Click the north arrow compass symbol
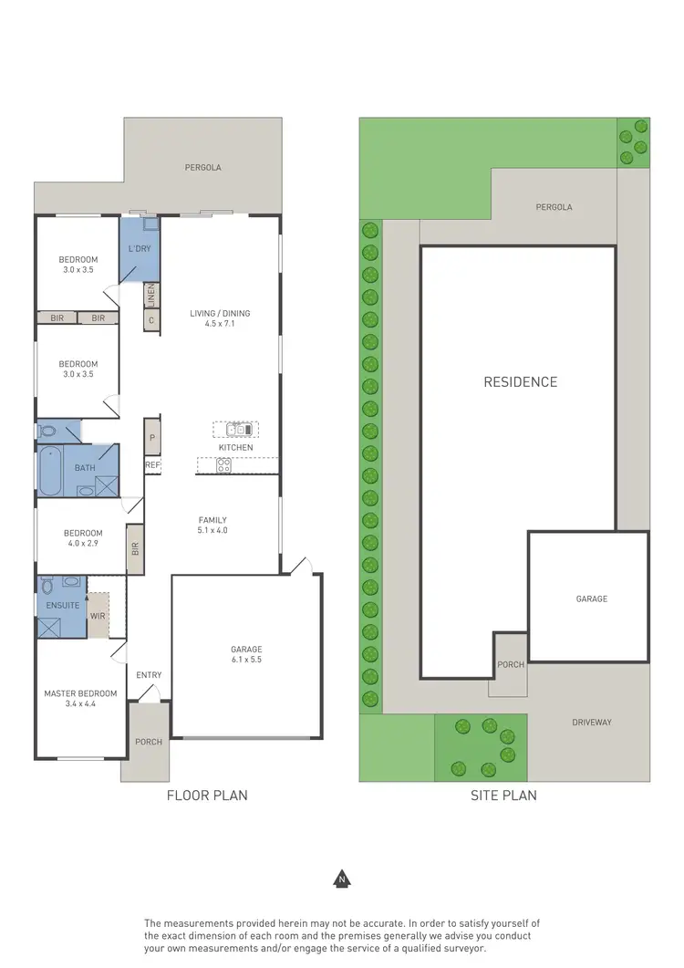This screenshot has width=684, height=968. [x=341, y=880]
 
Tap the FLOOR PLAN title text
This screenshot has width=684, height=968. [x=207, y=796]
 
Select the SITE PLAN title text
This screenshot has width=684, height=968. [x=503, y=796]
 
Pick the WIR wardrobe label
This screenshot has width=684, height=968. [x=98, y=617]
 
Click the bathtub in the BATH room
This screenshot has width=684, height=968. [x=49, y=469]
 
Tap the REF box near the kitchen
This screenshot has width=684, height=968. [x=152, y=465]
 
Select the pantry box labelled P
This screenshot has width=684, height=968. [x=152, y=437]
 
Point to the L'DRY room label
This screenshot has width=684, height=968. [x=139, y=248]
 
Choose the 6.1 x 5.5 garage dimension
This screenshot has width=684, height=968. [x=245, y=660]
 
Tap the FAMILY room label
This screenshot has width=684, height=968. [x=212, y=519]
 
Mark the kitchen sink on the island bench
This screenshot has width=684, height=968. [x=236, y=429]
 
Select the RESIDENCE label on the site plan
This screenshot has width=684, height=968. [x=520, y=381]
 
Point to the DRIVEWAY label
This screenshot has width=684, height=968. [x=592, y=722]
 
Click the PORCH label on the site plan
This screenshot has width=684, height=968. [x=511, y=664]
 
